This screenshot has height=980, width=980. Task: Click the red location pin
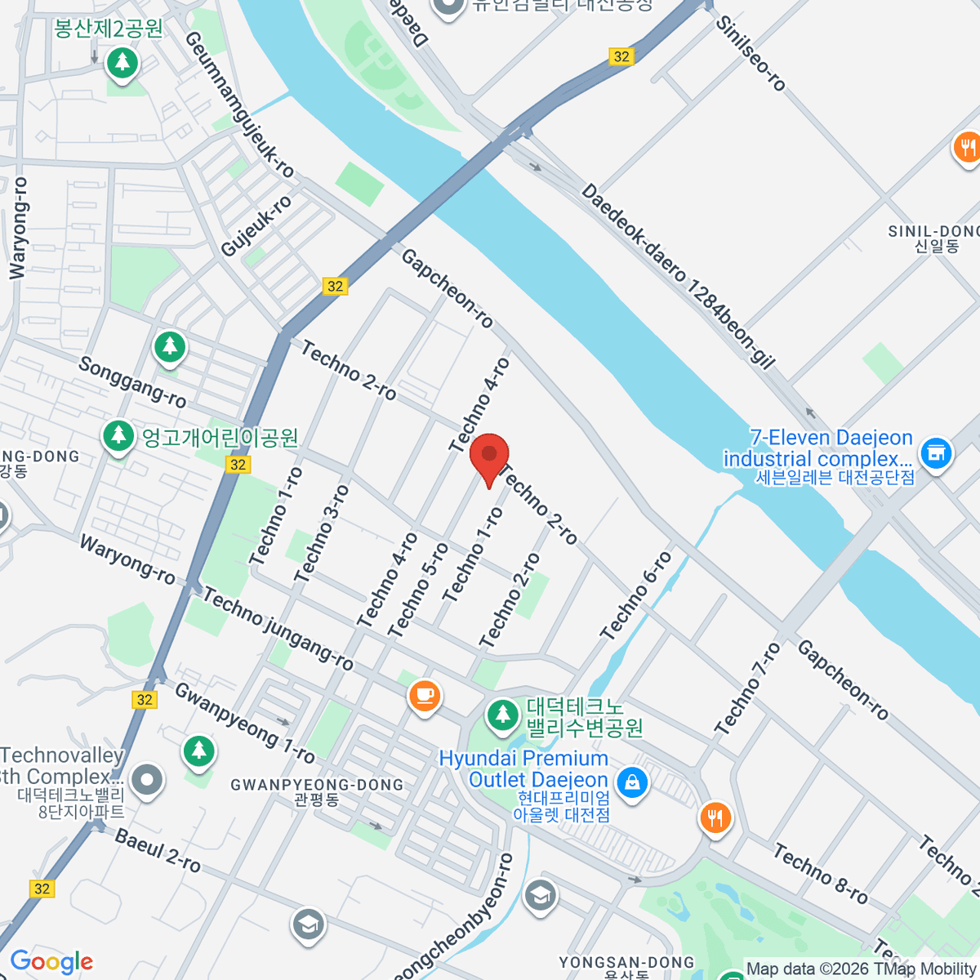[x=488, y=457]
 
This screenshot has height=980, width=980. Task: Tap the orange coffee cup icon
[x=424, y=696]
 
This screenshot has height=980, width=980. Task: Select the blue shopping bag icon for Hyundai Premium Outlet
[x=631, y=782]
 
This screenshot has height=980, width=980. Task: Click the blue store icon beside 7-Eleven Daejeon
[x=935, y=452]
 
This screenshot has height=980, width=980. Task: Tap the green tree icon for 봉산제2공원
[x=122, y=62]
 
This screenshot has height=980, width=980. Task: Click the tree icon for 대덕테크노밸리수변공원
[x=503, y=715]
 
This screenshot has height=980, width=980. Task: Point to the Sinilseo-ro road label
[x=750, y=53]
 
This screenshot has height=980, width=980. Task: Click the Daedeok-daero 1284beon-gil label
[x=677, y=277]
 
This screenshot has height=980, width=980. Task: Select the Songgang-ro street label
[x=132, y=381]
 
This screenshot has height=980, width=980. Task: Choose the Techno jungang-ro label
[x=278, y=629]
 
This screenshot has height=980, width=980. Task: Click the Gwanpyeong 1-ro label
[x=244, y=722]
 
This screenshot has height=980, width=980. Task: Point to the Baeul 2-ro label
[x=158, y=850]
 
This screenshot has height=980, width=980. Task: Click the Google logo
[x=51, y=962]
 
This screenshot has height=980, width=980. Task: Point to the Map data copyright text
[x=861, y=969]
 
